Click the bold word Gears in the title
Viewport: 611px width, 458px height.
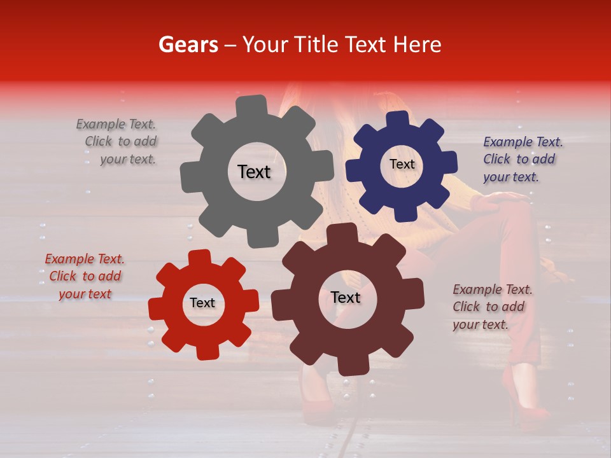click(188, 45)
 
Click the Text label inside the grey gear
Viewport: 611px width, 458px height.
click(254, 172)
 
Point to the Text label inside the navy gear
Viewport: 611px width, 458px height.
click(402, 164)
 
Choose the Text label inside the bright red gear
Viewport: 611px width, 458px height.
click(202, 303)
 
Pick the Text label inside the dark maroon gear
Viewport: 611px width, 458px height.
click(346, 297)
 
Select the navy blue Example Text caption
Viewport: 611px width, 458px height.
click(522, 159)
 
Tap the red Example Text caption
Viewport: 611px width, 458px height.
click(85, 276)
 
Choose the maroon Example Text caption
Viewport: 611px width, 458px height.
click(491, 307)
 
